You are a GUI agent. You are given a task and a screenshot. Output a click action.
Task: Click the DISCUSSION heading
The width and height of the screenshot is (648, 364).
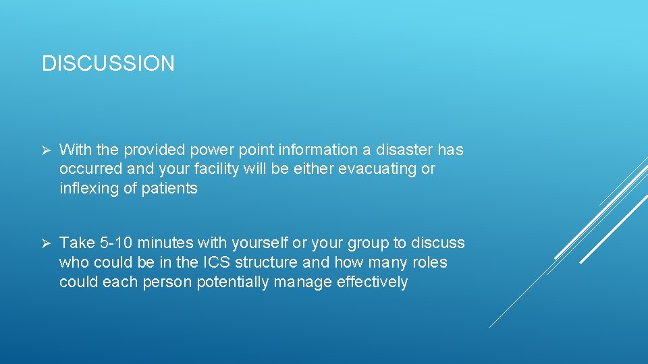(x=108, y=63)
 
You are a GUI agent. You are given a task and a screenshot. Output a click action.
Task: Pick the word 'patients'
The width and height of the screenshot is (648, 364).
(x=169, y=188)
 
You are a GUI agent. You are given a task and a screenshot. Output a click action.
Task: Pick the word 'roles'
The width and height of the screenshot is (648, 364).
(x=429, y=262)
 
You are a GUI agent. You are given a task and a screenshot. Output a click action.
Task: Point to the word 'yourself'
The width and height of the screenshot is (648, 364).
(x=259, y=243)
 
